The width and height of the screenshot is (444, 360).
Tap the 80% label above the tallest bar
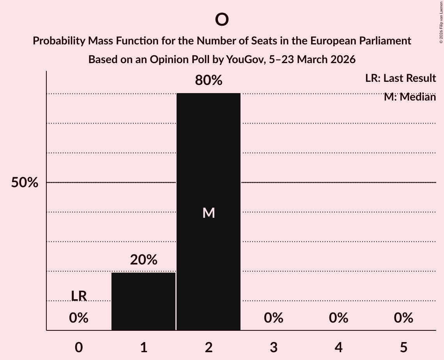[209, 81]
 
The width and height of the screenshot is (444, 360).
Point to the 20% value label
[143, 260]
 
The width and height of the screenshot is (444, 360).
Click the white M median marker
[209, 213]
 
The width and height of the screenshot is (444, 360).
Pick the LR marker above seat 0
[79, 296]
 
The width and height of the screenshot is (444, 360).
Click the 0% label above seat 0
[79, 318]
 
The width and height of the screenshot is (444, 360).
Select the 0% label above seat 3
[274, 318]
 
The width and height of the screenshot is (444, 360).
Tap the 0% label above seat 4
[338, 318]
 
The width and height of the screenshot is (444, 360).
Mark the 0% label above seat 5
[403, 318]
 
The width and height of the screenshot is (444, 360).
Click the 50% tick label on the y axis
[25, 183]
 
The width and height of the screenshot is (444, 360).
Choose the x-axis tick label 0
[79, 347]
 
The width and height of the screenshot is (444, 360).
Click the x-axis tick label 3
[274, 347]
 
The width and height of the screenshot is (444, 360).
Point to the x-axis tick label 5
[403, 347]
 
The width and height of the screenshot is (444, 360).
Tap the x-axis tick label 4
[338, 347]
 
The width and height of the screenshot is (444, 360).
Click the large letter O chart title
[221, 19]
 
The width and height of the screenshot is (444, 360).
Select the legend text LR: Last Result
[400, 78]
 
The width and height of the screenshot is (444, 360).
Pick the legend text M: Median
[410, 97]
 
